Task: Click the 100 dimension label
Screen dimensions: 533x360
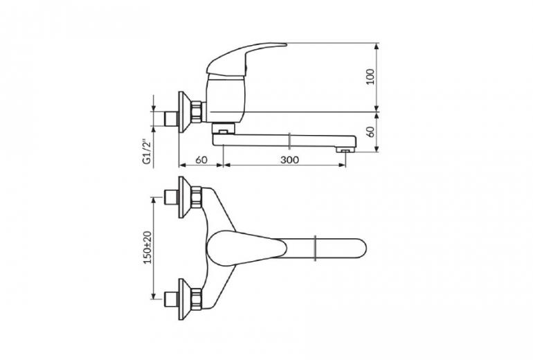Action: click(371, 76)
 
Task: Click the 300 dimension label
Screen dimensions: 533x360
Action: click(289, 159)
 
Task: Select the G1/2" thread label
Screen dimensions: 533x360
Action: click(147, 152)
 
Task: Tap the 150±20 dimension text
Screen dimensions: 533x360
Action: click(147, 248)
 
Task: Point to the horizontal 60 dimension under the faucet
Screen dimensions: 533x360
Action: click(201, 159)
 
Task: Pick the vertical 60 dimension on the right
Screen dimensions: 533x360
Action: click(371, 132)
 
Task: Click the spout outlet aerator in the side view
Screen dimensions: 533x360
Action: click(345, 150)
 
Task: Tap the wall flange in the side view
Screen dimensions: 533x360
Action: click(183, 112)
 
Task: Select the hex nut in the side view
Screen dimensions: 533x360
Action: click(197, 112)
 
